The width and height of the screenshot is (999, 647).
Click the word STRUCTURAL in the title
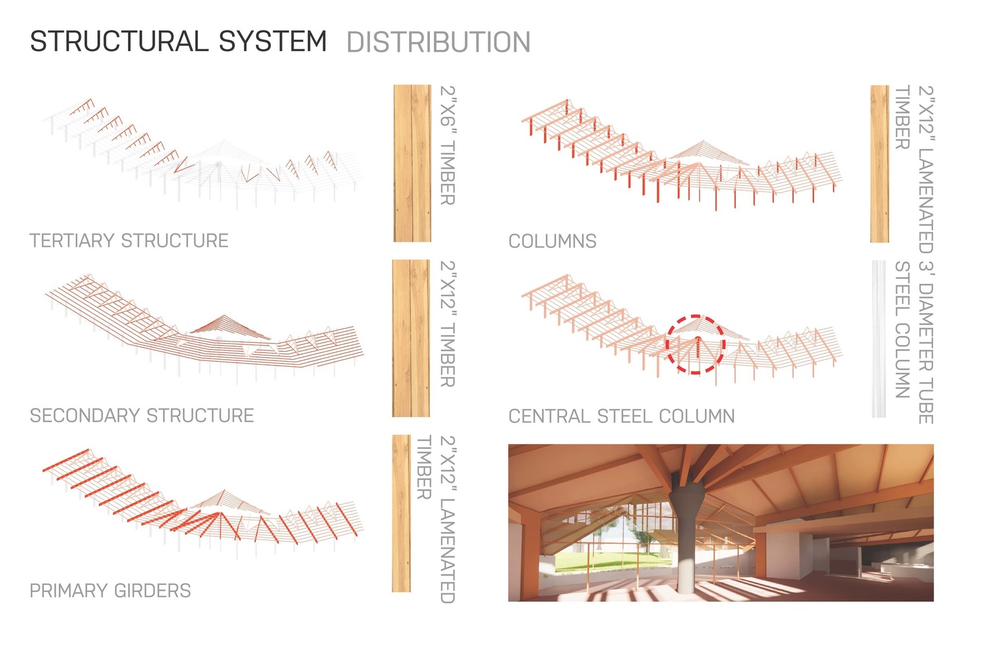point(119,41)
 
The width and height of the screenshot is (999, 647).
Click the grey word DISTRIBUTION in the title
point(438,43)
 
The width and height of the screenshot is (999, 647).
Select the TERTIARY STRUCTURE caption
point(129,241)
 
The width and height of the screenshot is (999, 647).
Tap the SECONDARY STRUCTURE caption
point(142,415)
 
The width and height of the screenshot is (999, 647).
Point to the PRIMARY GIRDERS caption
point(110,590)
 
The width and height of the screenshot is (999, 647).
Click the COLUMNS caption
point(552,241)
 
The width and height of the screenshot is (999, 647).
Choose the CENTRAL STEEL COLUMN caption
point(621,416)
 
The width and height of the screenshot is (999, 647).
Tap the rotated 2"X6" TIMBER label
point(447,145)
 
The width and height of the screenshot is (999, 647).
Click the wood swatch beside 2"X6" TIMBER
point(412,163)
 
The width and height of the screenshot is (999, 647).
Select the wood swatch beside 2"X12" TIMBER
point(411,338)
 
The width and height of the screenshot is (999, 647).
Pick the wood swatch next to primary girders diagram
point(402,513)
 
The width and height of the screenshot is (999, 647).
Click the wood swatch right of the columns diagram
point(879,164)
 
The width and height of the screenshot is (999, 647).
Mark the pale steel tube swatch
point(879,339)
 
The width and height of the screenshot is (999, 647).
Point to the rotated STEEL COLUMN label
point(902,329)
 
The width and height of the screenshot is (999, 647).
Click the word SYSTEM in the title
point(273,41)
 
